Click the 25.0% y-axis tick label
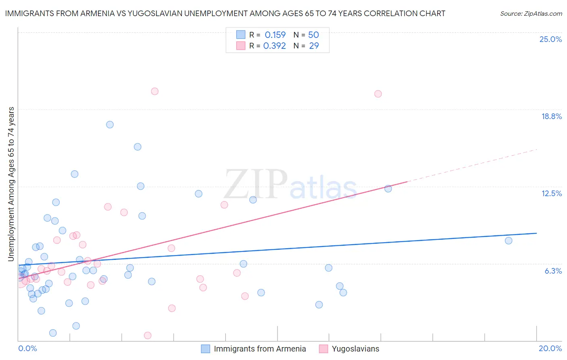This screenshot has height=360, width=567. click(x=550, y=39)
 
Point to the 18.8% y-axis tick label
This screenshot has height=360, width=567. click(x=551, y=116)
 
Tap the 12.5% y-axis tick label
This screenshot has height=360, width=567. click(x=551, y=193)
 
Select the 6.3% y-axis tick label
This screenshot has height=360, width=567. click(x=553, y=271)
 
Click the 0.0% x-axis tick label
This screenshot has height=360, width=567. click(x=27, y=348)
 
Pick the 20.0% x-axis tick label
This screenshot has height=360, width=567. click(x=550, y=348)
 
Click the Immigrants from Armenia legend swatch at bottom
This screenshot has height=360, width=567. click(x=206, y=349)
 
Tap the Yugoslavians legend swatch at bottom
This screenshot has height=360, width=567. click(x=323, y=349)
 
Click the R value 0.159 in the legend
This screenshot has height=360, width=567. click(x=275, y=35)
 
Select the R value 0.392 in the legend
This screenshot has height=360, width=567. click(x=275, y=46)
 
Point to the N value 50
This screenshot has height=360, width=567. click(x=313, y=35)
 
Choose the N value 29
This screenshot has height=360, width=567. click(x=314, y=46)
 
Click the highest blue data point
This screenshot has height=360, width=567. click(x=110, y=125)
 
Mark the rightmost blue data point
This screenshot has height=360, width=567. click(x=509, y=241)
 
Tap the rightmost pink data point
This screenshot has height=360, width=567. click(x=378, y=94)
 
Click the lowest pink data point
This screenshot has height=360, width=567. click(x=148, y=335)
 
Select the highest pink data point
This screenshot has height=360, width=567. click(x=154, y=91)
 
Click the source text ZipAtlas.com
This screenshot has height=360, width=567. click(x=531, y=14)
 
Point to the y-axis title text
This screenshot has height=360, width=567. click(x=11, y=184)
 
